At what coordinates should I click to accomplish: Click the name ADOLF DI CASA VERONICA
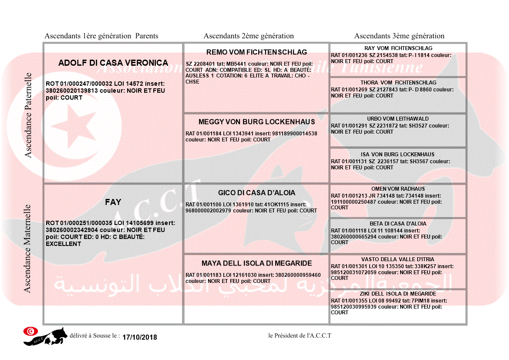(113, 63)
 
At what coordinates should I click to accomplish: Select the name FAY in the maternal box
(113, 202)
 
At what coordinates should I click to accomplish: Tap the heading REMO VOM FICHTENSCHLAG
(256, 52)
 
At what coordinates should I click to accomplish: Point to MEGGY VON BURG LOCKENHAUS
(256, 122)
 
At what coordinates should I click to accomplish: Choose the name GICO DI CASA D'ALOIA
(256, 193)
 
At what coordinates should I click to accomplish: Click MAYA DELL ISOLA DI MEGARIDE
(256, 263)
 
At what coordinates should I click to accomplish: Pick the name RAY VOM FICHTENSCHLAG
(398, 48)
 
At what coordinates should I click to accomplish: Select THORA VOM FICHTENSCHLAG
(398, 83)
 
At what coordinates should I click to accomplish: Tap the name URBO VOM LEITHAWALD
(398, 119)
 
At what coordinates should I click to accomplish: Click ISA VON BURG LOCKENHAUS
(398, 155)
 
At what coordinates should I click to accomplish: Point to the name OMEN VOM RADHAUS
(398, 189)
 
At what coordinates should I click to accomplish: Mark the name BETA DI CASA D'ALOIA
(398, 224)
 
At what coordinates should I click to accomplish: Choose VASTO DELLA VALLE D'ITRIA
(398, 259)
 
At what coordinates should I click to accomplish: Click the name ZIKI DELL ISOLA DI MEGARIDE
(398, 294)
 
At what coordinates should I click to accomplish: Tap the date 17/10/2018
(140, 337)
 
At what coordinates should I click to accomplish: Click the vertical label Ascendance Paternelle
(28, 115)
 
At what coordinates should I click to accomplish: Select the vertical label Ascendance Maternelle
(28, 248)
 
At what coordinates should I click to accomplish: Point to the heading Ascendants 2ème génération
(249, 36)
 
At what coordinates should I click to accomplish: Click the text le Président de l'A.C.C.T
(300, 336)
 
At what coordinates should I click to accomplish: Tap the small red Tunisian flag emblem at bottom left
(30, 331)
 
